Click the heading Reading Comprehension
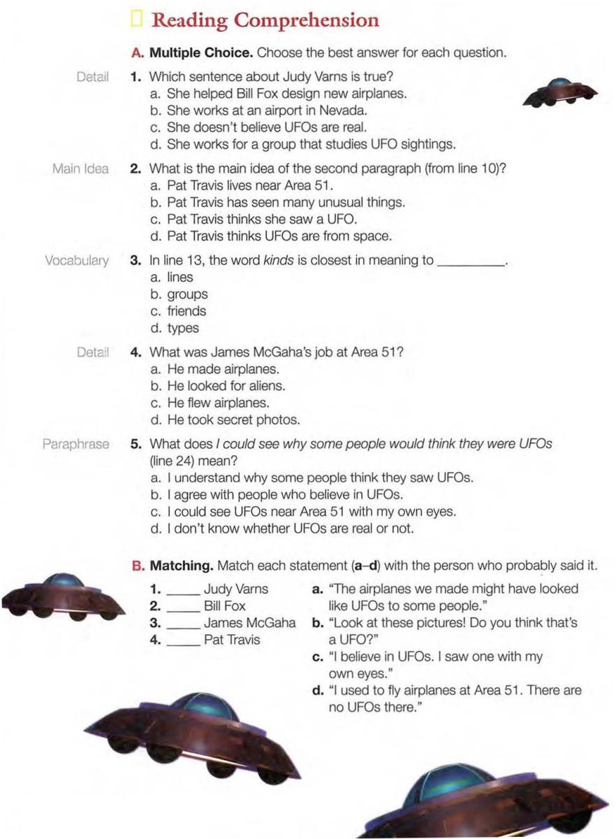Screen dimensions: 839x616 [x=265, y=20]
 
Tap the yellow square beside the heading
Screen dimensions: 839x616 [x=136, y=20]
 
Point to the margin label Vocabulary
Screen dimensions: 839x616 [x=77, y=261]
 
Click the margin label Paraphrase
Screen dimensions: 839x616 [x=75, y=444]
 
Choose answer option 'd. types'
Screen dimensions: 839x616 [x=175, y=328]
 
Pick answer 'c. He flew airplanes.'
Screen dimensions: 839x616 [x=210, y=403]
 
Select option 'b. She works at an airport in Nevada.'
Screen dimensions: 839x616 [x=259, y=110]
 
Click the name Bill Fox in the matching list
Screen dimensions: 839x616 [x=224, y=605]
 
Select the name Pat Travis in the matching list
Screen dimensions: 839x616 [x=231, y=639]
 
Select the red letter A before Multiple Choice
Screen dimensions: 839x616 [x=137, y=53]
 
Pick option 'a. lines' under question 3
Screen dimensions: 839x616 [x=171, y=278]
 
